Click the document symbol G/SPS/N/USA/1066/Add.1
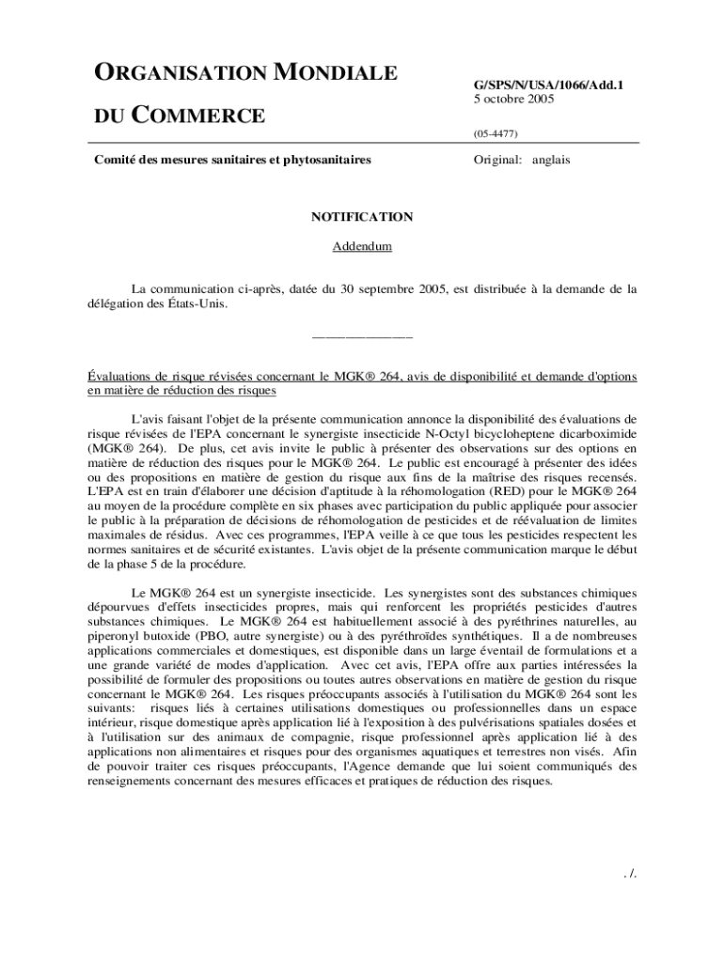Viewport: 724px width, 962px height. coord(547,85)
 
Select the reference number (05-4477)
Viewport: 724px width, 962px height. coord(495,133)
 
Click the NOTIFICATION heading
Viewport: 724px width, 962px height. coord(362,217)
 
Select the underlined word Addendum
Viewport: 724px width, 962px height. coord(362,247)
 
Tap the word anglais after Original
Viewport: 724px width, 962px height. coord(551,160)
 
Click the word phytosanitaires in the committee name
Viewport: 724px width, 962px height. coord(325,160)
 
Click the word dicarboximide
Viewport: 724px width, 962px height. coord(597,435)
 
